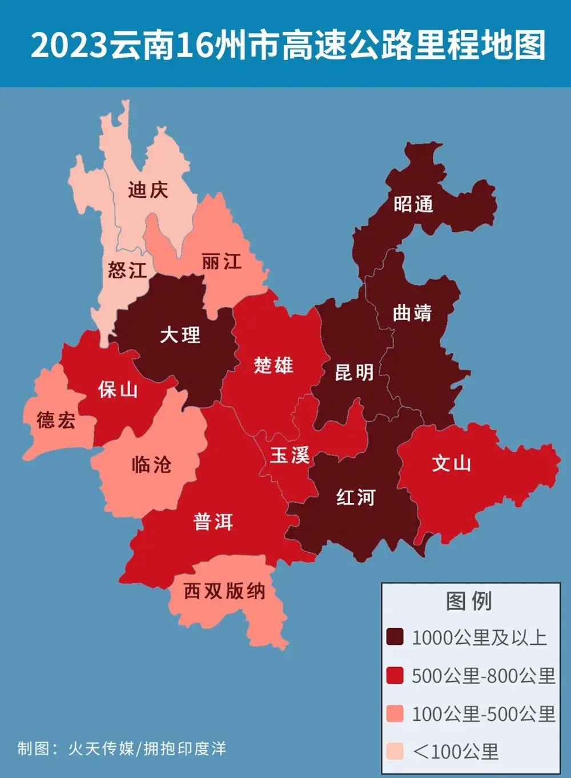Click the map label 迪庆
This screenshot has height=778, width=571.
(x=148, y=189)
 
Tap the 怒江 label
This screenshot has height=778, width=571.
(x=127, y=270)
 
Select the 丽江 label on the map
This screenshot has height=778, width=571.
(x=222, y=262)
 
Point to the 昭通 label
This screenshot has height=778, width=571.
(x=413, y=204)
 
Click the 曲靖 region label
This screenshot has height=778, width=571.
(x=412, y=313)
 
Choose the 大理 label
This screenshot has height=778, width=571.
(x=180, y=334)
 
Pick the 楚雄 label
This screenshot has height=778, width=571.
(x=274, y=365)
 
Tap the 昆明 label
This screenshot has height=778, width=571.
(x=354, y=373)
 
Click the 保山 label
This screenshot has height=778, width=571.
(x=118, y=390)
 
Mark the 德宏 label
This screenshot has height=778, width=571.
(x=56, y=421)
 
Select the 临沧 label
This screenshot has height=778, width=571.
(x=151, y=464)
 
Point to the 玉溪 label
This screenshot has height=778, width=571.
(x=290, y=456)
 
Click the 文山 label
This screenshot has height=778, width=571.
(x=451, y=463)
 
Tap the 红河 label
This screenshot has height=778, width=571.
(x=356, y=497)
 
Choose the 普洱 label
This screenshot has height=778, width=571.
(x=214, y=521)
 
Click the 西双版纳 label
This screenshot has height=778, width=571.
(x=224, y=591)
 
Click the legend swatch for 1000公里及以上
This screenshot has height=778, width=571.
(x=395, y=637)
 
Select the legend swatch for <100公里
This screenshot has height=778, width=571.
(x=395, y=751)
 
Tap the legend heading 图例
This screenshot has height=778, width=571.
(x=469, y=601)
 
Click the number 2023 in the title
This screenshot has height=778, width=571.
(x=69, y=45)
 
